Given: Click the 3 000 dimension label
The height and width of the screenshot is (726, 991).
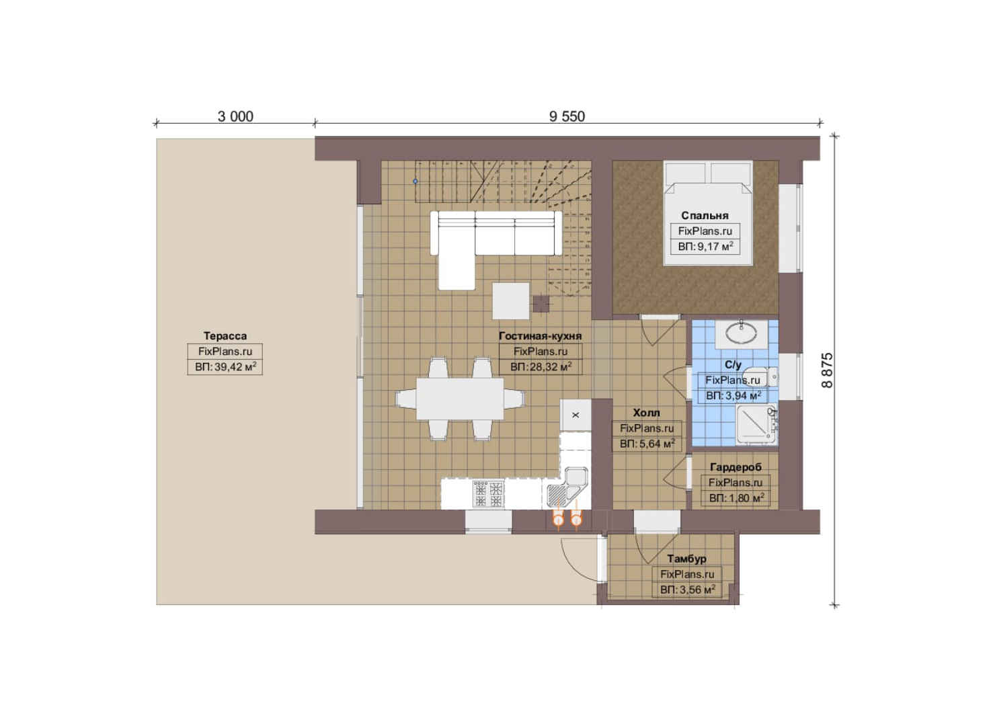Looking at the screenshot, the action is pos(235,117).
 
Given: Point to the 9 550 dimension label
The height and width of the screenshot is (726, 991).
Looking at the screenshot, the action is pos(567,117).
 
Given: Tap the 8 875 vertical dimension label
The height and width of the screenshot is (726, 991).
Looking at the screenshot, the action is pos(827,370).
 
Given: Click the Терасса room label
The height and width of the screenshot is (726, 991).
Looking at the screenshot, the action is pos(225,336).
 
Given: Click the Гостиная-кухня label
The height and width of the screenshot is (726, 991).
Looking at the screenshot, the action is pos(540,336).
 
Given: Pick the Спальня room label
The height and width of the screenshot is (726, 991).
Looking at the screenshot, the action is pos(705,216).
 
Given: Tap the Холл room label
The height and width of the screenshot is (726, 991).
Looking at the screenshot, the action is pos(646,413).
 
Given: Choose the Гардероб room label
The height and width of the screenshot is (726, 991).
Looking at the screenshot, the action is pos(736,467).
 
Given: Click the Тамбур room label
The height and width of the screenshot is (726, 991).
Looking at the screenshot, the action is pos(686,559).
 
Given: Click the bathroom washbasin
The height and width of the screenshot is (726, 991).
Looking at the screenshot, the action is pos(742,334).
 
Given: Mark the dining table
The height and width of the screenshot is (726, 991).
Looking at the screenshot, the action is pos(460,399).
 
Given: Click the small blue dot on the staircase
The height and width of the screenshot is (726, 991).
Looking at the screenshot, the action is pos(415,182).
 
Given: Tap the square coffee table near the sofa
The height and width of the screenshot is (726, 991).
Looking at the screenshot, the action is pos(511,301).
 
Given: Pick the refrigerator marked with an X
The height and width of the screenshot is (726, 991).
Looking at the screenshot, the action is pos(576,415).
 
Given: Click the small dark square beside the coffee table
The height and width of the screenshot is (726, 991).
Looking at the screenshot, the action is pos(541,304).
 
